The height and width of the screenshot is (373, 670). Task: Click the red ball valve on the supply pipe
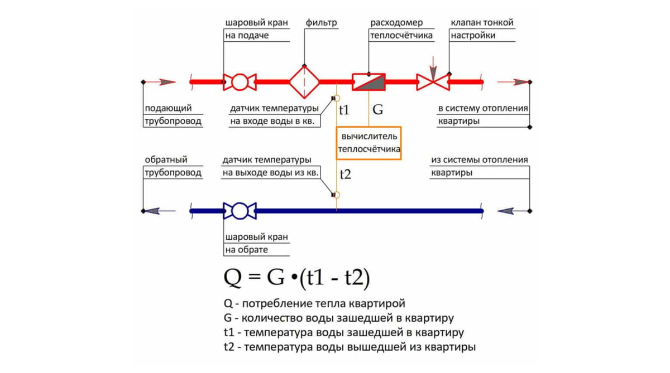coord(240,82)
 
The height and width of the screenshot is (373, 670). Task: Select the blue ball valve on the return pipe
coord(240,211)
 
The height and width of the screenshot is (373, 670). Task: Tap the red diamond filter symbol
coord(304,82)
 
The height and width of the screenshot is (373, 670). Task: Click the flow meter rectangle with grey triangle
coord(368,82)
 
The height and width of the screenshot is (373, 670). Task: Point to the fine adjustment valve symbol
coord(433,82)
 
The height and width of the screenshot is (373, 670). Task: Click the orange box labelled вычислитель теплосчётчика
coord(368,143)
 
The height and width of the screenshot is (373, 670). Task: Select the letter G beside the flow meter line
coord(378,110)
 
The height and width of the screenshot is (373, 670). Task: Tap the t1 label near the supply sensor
coord(344,110)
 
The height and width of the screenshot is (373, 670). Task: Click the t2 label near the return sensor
coord(346,174)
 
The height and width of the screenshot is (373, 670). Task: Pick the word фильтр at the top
coord(321,23)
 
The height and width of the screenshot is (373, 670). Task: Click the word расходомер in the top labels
coord(396,23)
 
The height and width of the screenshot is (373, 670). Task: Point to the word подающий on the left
coord(168,108)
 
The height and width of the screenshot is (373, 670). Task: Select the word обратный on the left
coord(166,160)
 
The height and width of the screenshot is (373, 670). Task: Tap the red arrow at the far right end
coord(513,82)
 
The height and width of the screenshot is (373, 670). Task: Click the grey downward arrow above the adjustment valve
coord(433,69)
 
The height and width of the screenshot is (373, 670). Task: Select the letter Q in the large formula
coord(232,278)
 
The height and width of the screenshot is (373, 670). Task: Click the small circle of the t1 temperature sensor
coord(337,98)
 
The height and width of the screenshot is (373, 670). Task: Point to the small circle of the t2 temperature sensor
coord(337,195)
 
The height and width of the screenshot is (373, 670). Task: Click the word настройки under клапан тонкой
coord(473,36)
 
